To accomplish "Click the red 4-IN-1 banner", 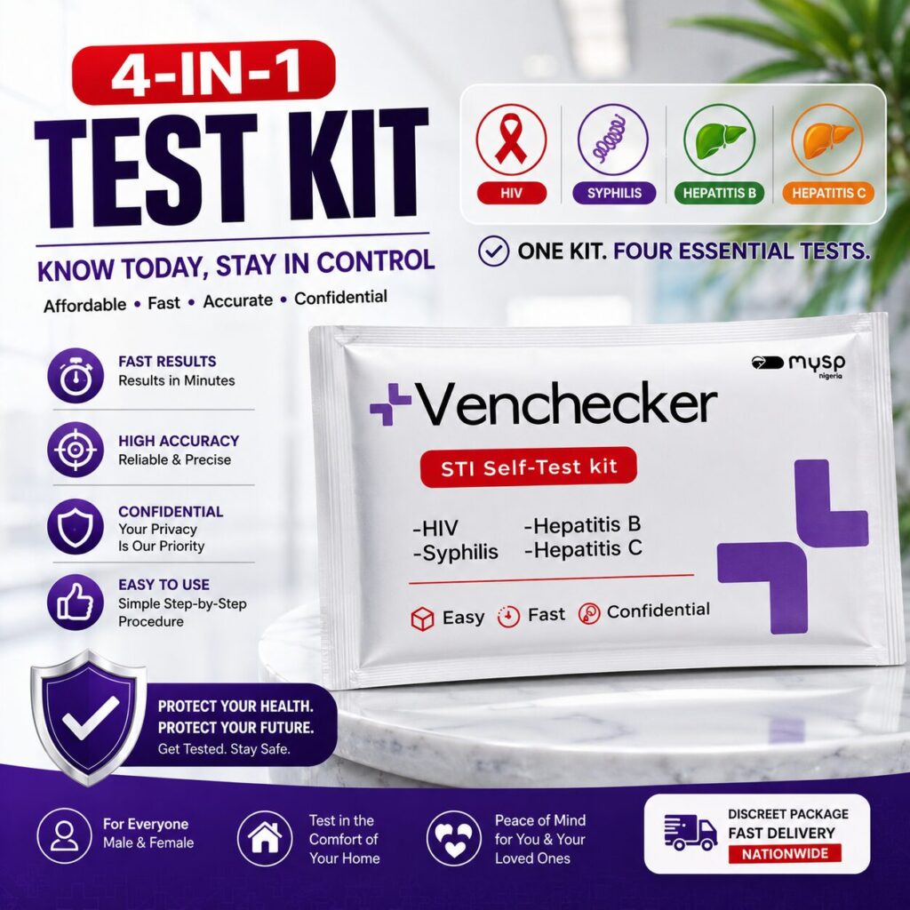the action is (x=204, y=73).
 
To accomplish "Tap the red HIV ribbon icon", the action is (x=511, y=140).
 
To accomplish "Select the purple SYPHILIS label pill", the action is (x=614, y=193).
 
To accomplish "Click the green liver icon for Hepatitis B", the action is (x=719, y=140).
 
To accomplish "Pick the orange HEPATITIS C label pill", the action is (x=828, y=193).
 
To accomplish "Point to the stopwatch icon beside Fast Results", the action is (x=76, y=376).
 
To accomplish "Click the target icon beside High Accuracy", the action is (x=76, y=450).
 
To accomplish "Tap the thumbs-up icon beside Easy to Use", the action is (x=76, y=603).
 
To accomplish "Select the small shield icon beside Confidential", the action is (x=76, y=527).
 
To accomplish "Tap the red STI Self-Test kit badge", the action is (x=528, y=467).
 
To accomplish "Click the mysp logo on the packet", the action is (x=798, y=365).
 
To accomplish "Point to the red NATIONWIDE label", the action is (x=784, y=854).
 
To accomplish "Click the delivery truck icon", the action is (x=690, y=832).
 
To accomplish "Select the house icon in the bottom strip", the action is (x=265, y=838).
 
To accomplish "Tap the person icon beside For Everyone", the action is (x=64, y=836).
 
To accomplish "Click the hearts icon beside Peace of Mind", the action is (x=454, y=838).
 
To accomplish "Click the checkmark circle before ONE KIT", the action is (x=493, y=251).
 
